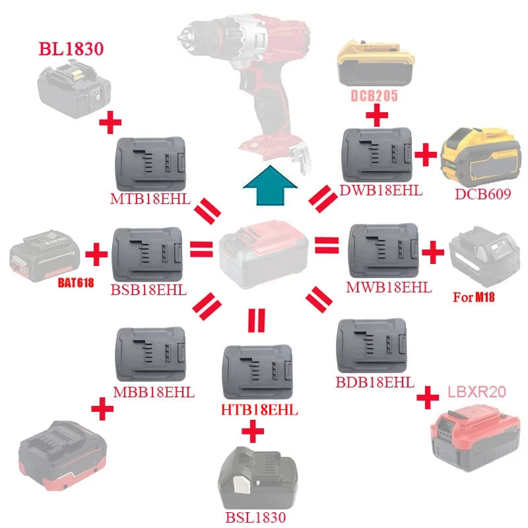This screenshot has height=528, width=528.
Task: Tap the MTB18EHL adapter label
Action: tap(150, 198)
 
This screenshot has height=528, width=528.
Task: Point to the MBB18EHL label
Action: tap(154, 391)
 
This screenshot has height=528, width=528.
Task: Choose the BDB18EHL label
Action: tap(375, 382)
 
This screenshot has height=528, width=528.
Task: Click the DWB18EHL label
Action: tap(381, 191)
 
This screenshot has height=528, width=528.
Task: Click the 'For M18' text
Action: tap(473, 297)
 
